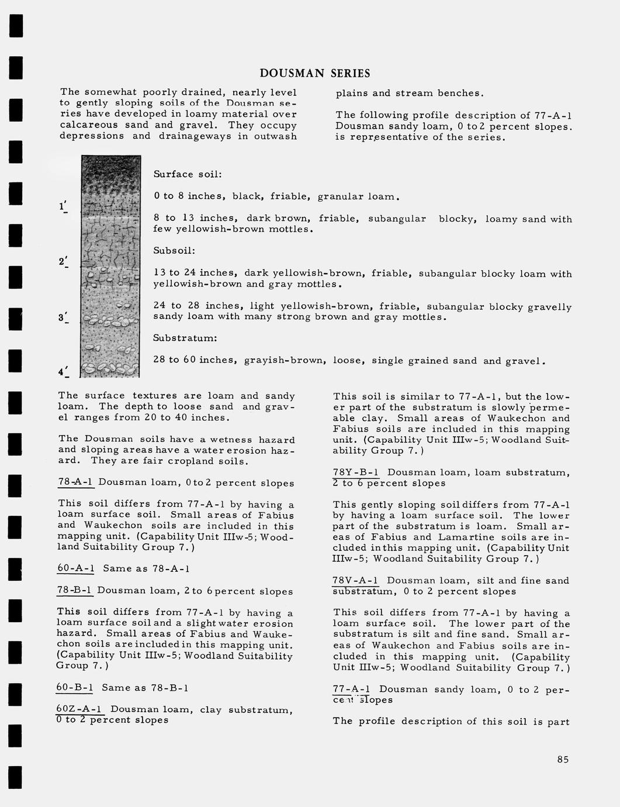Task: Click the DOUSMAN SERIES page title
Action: (314, 73)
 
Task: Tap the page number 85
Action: (563, 760)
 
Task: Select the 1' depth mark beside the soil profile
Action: (63, 206)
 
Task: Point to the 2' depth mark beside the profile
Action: (63, 261)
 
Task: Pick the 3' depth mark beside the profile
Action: (63, 318)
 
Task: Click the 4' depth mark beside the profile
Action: (63, 372)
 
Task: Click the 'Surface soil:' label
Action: (188, 174)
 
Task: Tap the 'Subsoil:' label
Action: (174, 250)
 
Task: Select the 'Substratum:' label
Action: (185, 338)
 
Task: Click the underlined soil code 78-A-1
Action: (76, 482)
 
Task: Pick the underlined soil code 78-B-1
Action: (75, 591)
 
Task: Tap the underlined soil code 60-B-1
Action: (75, 688)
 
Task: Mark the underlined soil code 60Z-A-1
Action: (80, 709)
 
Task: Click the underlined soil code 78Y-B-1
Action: (356, 473)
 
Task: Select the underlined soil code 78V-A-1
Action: (355, 581)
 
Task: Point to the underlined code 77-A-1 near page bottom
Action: (352, 689)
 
